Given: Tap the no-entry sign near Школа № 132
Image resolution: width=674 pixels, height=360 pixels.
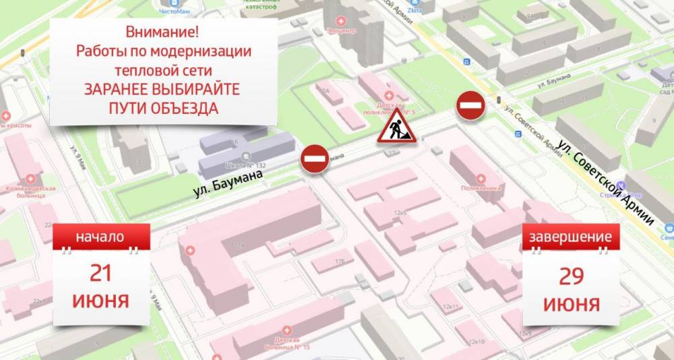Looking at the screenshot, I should click(314, 159).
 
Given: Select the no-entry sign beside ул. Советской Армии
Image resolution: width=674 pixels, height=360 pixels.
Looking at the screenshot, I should click(470, 107).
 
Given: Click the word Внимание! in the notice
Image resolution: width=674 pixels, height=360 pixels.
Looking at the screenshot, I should click(164, 32).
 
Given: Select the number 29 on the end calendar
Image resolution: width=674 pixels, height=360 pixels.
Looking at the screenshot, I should click(571, 275).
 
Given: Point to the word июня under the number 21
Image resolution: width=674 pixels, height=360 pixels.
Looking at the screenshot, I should click(100, 300).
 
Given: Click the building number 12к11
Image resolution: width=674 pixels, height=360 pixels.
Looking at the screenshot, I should click(450, 307).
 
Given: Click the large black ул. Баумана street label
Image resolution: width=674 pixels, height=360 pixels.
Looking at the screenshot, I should click(226, 183).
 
